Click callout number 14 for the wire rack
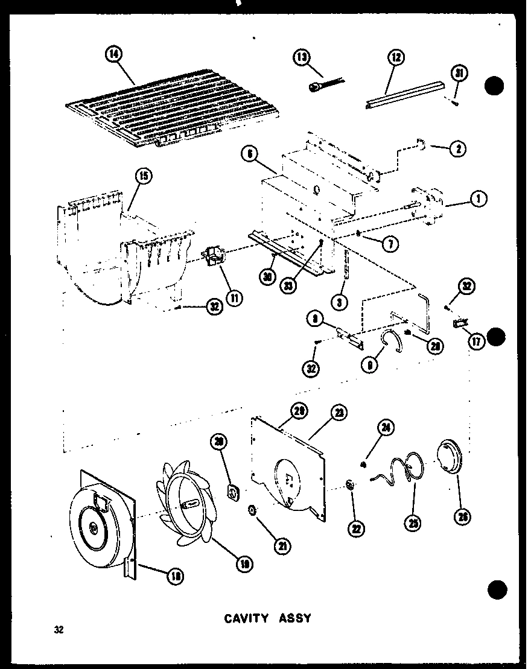click(113, 55)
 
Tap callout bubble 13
click(302, 58)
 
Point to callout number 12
click(396, 58)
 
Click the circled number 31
click(460, 74)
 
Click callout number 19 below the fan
click(245, 563)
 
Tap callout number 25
click(415, 522)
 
